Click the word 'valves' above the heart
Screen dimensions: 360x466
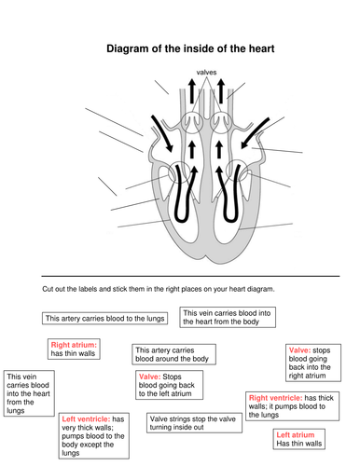(206, 73)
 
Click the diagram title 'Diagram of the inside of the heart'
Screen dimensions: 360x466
(190, 48)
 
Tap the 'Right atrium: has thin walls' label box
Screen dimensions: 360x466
(74, 349)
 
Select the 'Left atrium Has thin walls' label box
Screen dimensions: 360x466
(299, 439)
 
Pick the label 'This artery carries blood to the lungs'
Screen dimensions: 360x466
(104, 319)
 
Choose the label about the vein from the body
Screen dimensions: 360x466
(228, 317)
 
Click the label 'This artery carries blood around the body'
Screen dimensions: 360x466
(173, 354)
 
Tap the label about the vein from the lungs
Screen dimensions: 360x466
(29, 393)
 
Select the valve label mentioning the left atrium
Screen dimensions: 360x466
(169, 385)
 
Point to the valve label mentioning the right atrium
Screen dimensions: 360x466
(313, 363)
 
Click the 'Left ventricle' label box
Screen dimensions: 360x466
(94, 435)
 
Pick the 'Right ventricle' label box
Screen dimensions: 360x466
(292, 406)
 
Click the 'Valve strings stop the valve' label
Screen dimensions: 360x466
(194, 423)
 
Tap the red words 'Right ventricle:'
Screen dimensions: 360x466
(275, 398)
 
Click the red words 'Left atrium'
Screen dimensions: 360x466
(296, 434)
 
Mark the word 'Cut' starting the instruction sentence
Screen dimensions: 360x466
(48, 289)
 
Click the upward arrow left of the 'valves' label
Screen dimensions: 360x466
(192, 91)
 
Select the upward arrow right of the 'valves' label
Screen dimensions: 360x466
(221, 91)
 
